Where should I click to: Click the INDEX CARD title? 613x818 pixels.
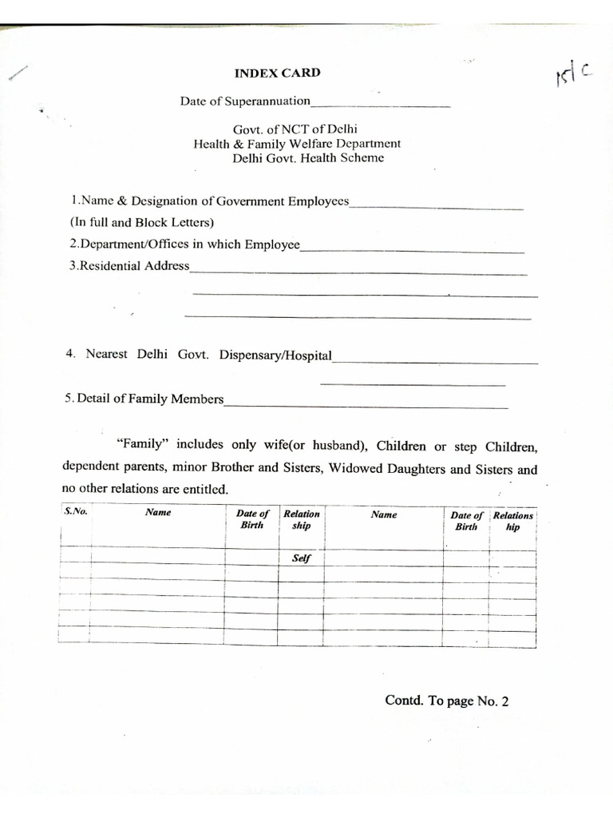pyautogui.click(x=277, y=73)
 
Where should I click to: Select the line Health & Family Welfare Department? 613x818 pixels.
pyautogui.click(x=297, y=144)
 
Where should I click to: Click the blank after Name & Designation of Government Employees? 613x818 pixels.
pyautogui.click(x=437, y=206)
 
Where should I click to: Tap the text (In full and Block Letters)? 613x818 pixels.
pyautogui.click(x=142, y=223)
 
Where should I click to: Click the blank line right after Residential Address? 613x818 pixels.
pyautogui.click(x=358, y=272)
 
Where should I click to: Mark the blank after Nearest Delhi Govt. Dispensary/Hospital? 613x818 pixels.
pyautogui.click(x=435, y=362)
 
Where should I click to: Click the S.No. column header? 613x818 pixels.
pyautogui.click(x=75, y=511)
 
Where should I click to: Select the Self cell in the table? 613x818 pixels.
pyautogui.click(x=301, y=559)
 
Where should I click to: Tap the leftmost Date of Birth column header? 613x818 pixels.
pyautogui.click(x=252, y=519)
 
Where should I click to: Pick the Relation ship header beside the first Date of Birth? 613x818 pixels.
pyautogui.click(x=301, y=520)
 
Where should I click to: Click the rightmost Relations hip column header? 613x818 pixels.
pyautogui.click(x=512, y=522)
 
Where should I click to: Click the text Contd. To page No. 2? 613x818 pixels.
pyautogui.click(x=446, y=701)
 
